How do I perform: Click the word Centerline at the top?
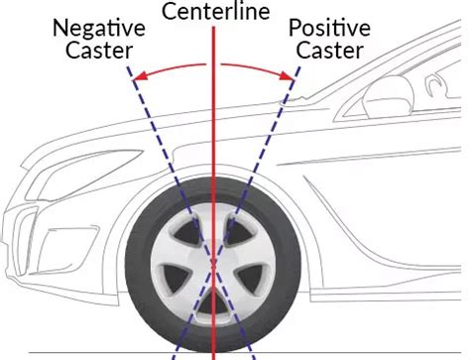coord(213,14)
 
